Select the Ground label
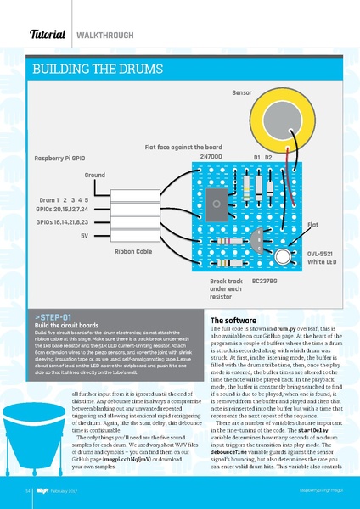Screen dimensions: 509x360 [94, 174]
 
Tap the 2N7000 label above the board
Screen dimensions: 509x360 [211, 158]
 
